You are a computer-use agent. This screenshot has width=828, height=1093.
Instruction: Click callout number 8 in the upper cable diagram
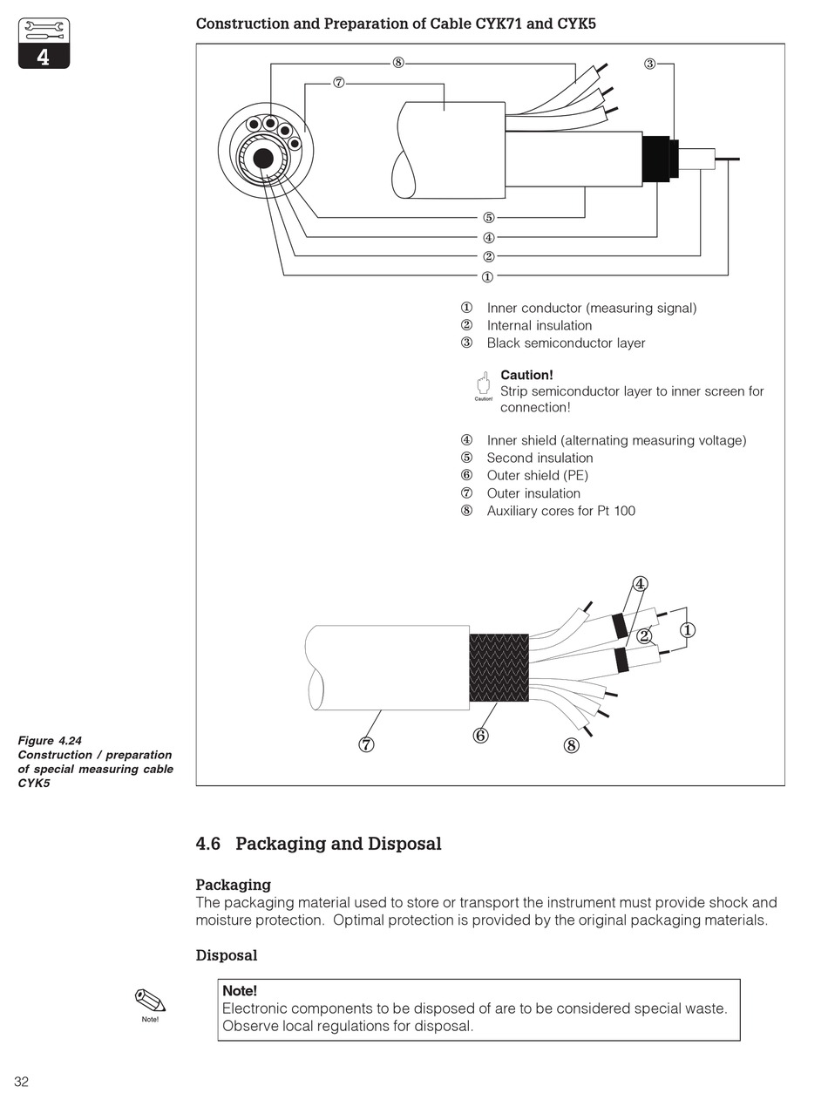397,63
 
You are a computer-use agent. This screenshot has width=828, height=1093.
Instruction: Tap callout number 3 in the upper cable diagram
649,64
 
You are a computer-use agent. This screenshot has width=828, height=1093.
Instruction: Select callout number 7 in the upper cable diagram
338,83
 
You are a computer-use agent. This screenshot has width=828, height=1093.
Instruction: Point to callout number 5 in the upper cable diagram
488,218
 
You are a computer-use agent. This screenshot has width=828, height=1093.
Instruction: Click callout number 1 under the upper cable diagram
487,277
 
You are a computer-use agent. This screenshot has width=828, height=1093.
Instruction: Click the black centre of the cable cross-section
262,159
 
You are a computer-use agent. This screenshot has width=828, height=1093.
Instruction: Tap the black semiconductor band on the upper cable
658,159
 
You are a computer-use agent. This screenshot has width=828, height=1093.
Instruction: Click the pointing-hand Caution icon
483,384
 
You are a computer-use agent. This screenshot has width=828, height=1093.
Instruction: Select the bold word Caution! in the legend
526,375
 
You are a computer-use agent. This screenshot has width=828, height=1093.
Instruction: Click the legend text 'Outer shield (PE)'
537,475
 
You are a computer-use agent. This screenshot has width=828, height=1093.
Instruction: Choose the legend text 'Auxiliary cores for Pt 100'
560,511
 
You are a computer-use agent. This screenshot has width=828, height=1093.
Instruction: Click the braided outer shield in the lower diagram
499,668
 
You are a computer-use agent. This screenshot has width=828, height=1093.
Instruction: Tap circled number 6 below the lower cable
480,736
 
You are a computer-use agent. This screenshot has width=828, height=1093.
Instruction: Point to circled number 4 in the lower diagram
640,584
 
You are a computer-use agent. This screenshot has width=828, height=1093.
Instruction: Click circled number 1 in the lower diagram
688,629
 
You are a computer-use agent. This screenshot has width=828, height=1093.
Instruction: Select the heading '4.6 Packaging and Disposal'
318,844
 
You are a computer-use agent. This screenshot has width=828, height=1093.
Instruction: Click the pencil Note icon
150,1001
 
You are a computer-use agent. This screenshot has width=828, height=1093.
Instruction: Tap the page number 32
21,1082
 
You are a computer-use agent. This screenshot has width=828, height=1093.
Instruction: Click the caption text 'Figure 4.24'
50,741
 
